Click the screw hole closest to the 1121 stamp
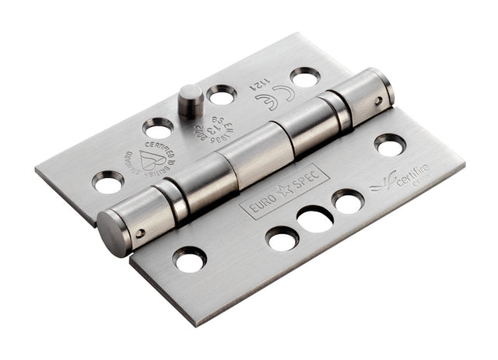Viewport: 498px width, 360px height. [304, 76]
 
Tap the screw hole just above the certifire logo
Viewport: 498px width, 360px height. [389, 144]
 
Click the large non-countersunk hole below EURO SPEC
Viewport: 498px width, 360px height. [314, 219]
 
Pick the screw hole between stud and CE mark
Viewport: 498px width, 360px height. [222, 95]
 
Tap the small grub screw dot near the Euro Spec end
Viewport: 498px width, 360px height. [141, 232]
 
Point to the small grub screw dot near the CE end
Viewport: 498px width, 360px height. [378, 100]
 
